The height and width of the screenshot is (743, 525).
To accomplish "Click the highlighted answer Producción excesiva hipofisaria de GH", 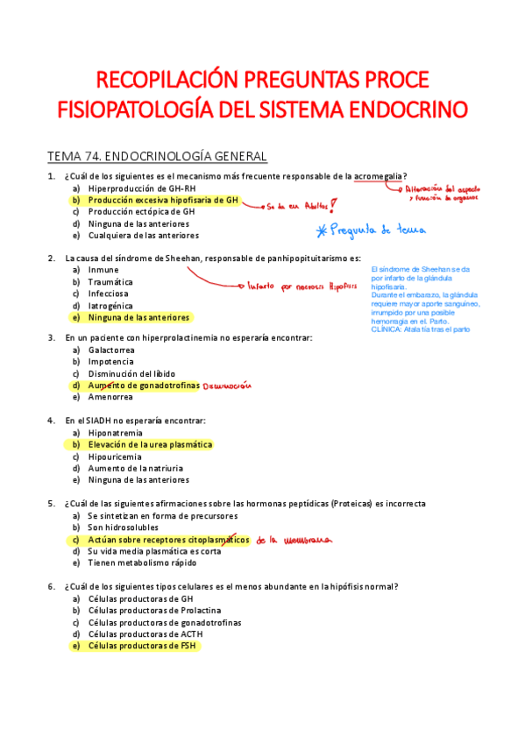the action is coord(163,200).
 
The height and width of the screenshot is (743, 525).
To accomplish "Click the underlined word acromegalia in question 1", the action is coord(380,176).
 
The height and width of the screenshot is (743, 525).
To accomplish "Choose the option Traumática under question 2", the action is coord(110,282).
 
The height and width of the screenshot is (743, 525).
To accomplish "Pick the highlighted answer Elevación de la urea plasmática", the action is coord(150,444).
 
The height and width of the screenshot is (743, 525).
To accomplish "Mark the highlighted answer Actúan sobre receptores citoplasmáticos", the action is coord(168,540).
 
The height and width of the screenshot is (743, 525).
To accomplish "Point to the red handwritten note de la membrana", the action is coord(295,541).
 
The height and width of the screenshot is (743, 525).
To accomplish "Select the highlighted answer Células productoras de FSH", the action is coord(144,646).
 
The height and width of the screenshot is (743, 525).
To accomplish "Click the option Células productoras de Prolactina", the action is coord(154,610).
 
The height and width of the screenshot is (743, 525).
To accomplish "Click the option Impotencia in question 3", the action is coord(111,361).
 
